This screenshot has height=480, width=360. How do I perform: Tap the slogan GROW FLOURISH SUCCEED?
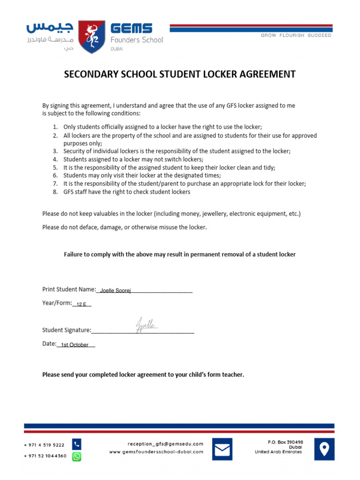coord(296,35)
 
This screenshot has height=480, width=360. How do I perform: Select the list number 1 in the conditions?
coord(54,127)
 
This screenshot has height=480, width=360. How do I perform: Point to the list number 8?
coord(54,192)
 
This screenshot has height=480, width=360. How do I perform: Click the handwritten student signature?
coord(146,325)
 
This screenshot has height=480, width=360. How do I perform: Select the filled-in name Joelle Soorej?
coord(115,291)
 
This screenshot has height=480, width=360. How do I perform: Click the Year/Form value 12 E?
coord(82,304)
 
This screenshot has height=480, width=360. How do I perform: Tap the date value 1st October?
coord(75,345)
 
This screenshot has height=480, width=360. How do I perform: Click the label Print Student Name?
coord(68,289)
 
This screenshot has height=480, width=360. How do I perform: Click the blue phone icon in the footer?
coord(76,443)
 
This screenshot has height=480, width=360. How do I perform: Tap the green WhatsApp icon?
coord(76,456)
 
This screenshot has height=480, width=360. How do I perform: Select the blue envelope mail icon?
coord(222,449)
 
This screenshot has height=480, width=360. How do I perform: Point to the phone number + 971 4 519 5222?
coord(44,444)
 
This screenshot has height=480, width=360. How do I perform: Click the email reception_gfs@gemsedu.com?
coord(165,443)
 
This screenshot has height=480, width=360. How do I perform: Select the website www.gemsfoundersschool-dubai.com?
coord(156,452)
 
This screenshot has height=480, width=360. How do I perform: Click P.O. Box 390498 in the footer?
coord(285,442)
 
